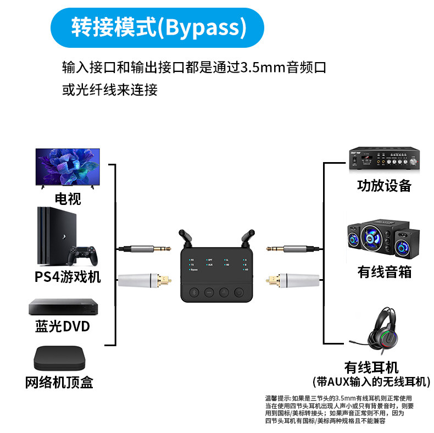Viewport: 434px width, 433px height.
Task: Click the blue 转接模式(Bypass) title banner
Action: (157, 27)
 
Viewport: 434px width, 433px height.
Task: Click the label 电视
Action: (68, 198)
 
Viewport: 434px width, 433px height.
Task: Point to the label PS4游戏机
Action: (68, 276)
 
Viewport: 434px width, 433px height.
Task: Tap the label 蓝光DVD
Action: (62, 326)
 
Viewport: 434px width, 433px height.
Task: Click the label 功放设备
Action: (384, 186)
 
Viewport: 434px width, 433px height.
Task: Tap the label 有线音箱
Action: (384, 271)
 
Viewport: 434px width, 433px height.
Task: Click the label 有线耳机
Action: (371, 367)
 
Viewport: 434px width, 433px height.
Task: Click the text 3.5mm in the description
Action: (263, 68)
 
